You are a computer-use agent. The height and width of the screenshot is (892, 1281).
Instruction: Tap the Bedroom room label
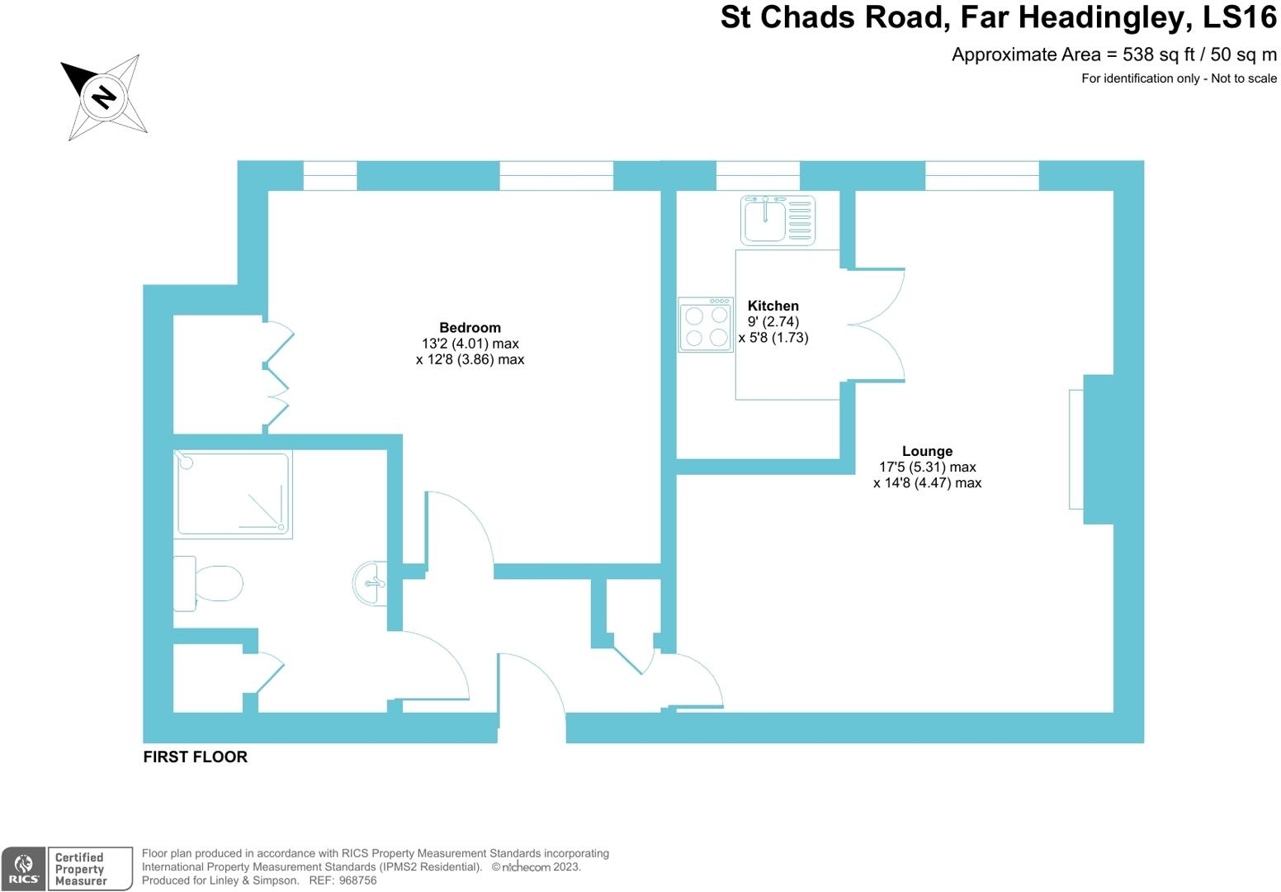click(470, 328)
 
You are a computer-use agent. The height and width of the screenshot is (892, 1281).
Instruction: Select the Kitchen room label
click(773, 306)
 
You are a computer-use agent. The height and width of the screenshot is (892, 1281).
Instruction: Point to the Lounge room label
click(927, 451)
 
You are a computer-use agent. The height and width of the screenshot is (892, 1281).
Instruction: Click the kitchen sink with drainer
click(778, 221)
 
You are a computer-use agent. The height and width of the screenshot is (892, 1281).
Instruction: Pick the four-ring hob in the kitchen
click(706, 325)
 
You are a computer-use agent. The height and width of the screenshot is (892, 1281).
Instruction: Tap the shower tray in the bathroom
click(233, 493)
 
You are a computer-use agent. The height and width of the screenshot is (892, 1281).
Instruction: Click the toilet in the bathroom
click(210, 583)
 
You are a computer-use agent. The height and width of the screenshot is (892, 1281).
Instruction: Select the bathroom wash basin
click(371, 583)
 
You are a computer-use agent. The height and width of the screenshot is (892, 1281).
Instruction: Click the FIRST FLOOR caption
click(195, 757)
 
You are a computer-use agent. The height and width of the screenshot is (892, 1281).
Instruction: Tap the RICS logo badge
click(23, 869)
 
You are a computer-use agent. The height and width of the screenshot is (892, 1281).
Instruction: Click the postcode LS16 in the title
click(1237, 17)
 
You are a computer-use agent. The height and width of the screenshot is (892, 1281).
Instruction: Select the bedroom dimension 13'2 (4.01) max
click(470, 344)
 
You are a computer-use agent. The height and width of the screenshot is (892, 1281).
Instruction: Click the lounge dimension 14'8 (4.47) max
click(927, 483)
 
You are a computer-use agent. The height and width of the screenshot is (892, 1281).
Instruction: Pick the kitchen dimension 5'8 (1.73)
click(773, 338)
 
